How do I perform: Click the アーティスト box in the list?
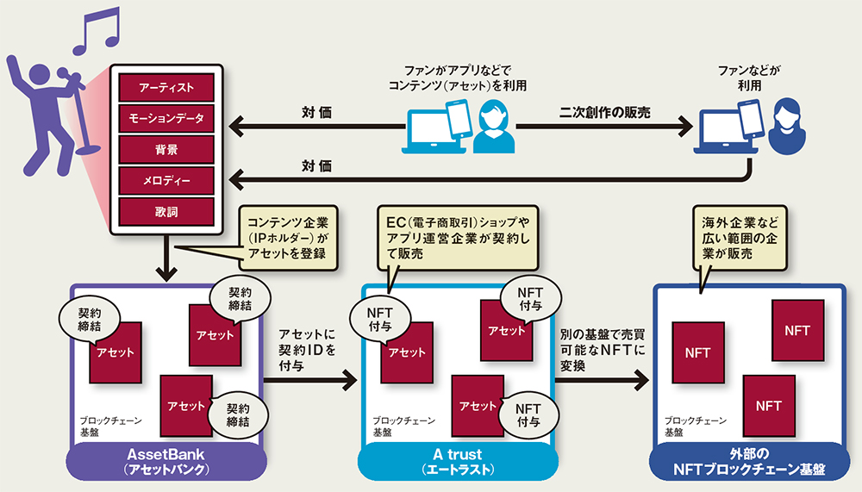(166, 87)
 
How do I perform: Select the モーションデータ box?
(166, 118)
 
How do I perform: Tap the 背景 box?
(166, 149)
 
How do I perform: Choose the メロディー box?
(166, 180)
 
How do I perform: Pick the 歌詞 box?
(166, 211)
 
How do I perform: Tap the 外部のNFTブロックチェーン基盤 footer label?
(748, 461)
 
